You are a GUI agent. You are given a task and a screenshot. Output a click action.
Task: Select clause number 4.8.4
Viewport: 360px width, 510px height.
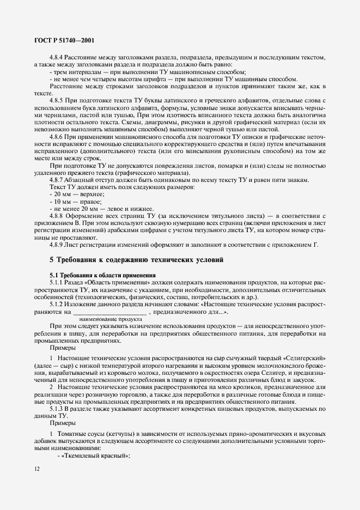pyautogui.click(x=58, y=58)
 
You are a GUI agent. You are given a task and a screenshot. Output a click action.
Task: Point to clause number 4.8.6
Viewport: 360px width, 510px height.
pyautogui.click(x=58, y=137)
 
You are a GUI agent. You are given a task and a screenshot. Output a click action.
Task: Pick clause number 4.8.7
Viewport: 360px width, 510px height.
pyautogui.click(x=58, y=180)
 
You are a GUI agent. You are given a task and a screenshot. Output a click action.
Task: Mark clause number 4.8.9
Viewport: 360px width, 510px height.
pyautogui.click(x=58, y=245)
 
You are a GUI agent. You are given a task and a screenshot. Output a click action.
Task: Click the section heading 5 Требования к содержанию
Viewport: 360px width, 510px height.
pyautogui.click(x=137, y=260)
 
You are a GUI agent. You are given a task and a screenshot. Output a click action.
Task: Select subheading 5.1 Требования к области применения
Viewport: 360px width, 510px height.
pyautogui.click(x=103, y=275)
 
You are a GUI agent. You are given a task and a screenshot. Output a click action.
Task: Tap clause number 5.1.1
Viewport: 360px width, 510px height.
pyautogui.click(x=58, y=283)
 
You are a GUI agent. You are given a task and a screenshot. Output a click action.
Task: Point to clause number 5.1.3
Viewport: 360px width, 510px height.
pyautogui.click(x=58, y=408)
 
